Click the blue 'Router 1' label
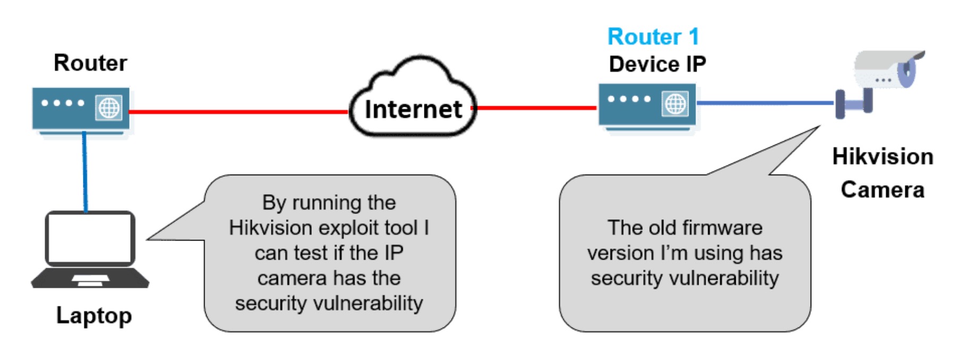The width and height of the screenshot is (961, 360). click(653, 37)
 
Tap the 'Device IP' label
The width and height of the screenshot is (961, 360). click(657, 64)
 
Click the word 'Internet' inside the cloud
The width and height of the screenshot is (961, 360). click(413, 109)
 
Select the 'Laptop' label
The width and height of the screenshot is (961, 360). click(94, 315)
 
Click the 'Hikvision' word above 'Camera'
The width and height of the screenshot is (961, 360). click(882, 157)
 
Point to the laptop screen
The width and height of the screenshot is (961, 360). click(90, 237)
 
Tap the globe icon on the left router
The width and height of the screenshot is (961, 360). click(109, 108)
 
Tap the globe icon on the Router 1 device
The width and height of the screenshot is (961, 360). click(675, 104)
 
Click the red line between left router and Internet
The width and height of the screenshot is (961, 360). click(239, 112)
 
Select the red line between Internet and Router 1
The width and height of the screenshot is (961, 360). click(537, 108)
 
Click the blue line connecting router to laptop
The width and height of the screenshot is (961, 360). click(84, 170)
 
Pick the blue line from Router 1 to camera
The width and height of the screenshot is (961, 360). click(765, 102)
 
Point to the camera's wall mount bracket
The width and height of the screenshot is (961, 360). click(853, 104)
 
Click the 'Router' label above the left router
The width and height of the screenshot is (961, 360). click(90, 63)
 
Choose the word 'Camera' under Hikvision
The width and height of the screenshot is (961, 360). click(882, 190)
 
